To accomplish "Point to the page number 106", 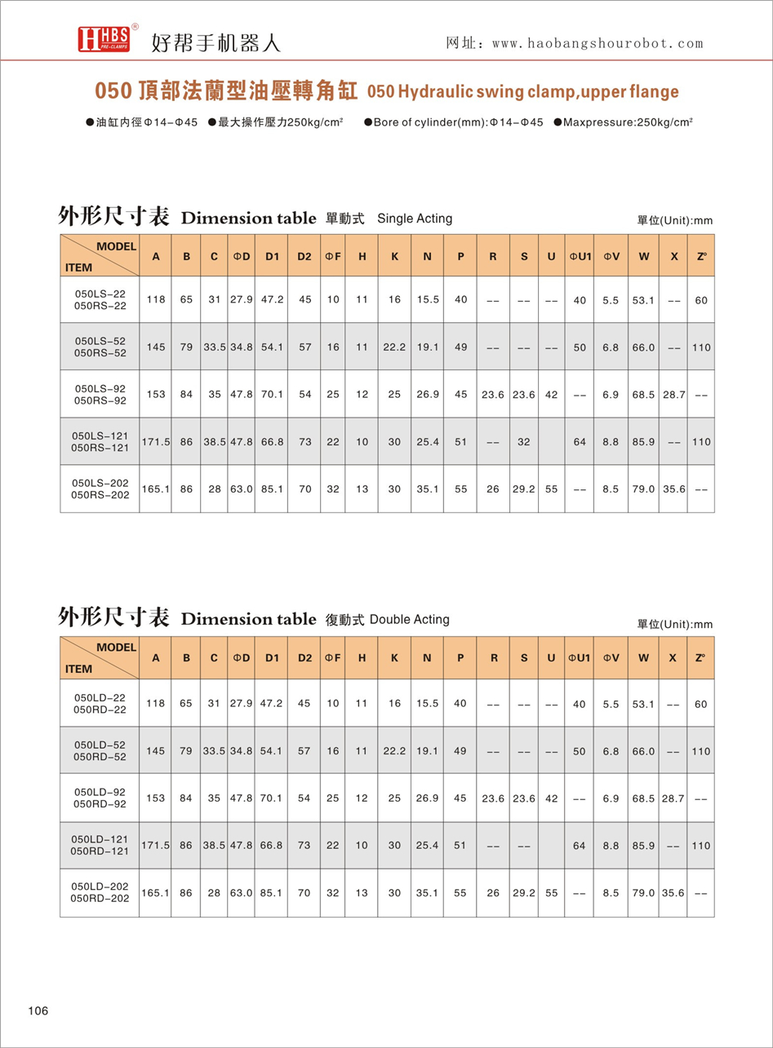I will [x=38, y=1011].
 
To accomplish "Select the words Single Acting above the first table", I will [x=415, y=219].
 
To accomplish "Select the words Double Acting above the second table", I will [x=410, y=619].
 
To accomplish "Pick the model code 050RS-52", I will [x=100, y=352].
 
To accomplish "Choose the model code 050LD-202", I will [x=100, y=886].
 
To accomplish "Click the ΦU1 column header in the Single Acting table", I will [x=579, y=256].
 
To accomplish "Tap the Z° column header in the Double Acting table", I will [x=700, y=657].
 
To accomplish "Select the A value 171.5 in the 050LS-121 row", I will [x=155, y=442].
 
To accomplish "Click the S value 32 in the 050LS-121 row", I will [x=523, y=442].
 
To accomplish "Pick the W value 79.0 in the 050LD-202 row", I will [x=644, y=893].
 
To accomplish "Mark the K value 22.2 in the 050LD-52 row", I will [x=394, y=751].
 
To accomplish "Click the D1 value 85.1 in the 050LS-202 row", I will [x=272, y=489].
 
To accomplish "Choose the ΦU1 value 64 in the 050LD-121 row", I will [x=579, y=846].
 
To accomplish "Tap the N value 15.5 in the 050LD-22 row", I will [x=428, y=704].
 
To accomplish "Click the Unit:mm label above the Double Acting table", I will [x=675, y=625].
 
